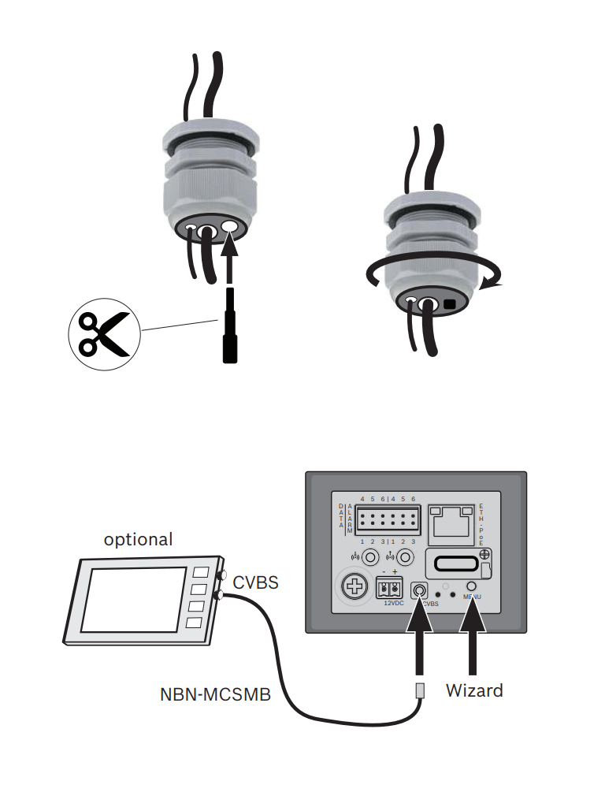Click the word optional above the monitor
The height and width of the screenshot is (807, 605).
pos(138,540)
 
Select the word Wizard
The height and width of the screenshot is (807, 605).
pos(474,690)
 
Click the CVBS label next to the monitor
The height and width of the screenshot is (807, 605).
pos(255,583)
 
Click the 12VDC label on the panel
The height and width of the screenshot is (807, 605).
pos(393,603)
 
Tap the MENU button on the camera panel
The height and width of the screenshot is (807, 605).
pos(472,586)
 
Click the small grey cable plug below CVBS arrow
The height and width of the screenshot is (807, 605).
pos(421,690)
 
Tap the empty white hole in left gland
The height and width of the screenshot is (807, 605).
pos(230,227)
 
